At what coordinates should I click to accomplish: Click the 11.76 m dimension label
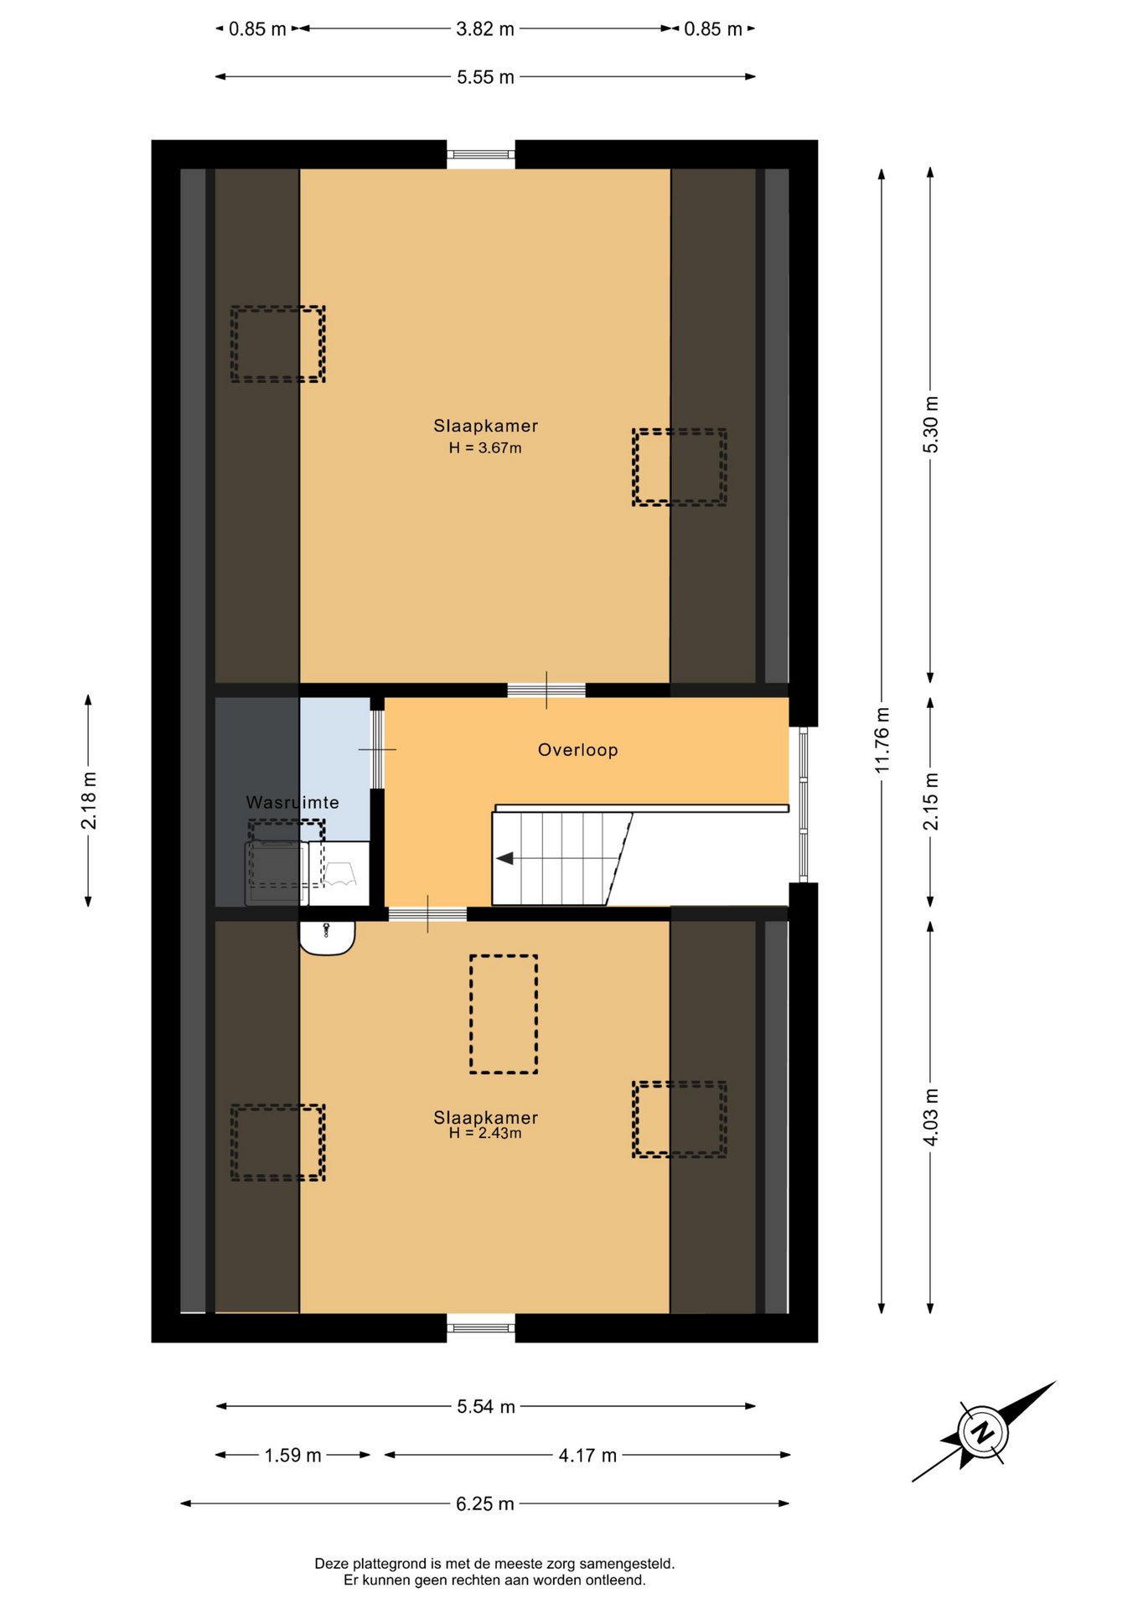(882, 741)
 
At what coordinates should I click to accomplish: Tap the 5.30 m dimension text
(931, 425)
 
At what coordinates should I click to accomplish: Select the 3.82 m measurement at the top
(485, 29)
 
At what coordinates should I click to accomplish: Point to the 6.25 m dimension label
(485, 1504)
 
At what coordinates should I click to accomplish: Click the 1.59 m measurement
(292, 1456)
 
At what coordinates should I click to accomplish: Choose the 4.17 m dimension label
(587, 1456)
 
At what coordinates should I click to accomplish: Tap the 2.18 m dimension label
(89, 801)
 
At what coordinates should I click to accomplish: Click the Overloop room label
(578, 750)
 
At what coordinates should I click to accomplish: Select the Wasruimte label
(292, 803)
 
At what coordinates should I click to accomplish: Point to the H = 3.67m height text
(485, 448)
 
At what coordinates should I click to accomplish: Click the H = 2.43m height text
(485, 1134)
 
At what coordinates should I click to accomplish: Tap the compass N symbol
(982, 1431)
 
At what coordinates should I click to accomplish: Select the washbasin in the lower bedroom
(327, 939)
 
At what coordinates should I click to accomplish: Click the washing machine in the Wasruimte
(277, 873)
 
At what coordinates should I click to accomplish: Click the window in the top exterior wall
(481, 154)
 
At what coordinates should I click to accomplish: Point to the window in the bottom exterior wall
(481, 1327)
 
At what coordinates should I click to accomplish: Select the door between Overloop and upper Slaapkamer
(546, 691)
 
